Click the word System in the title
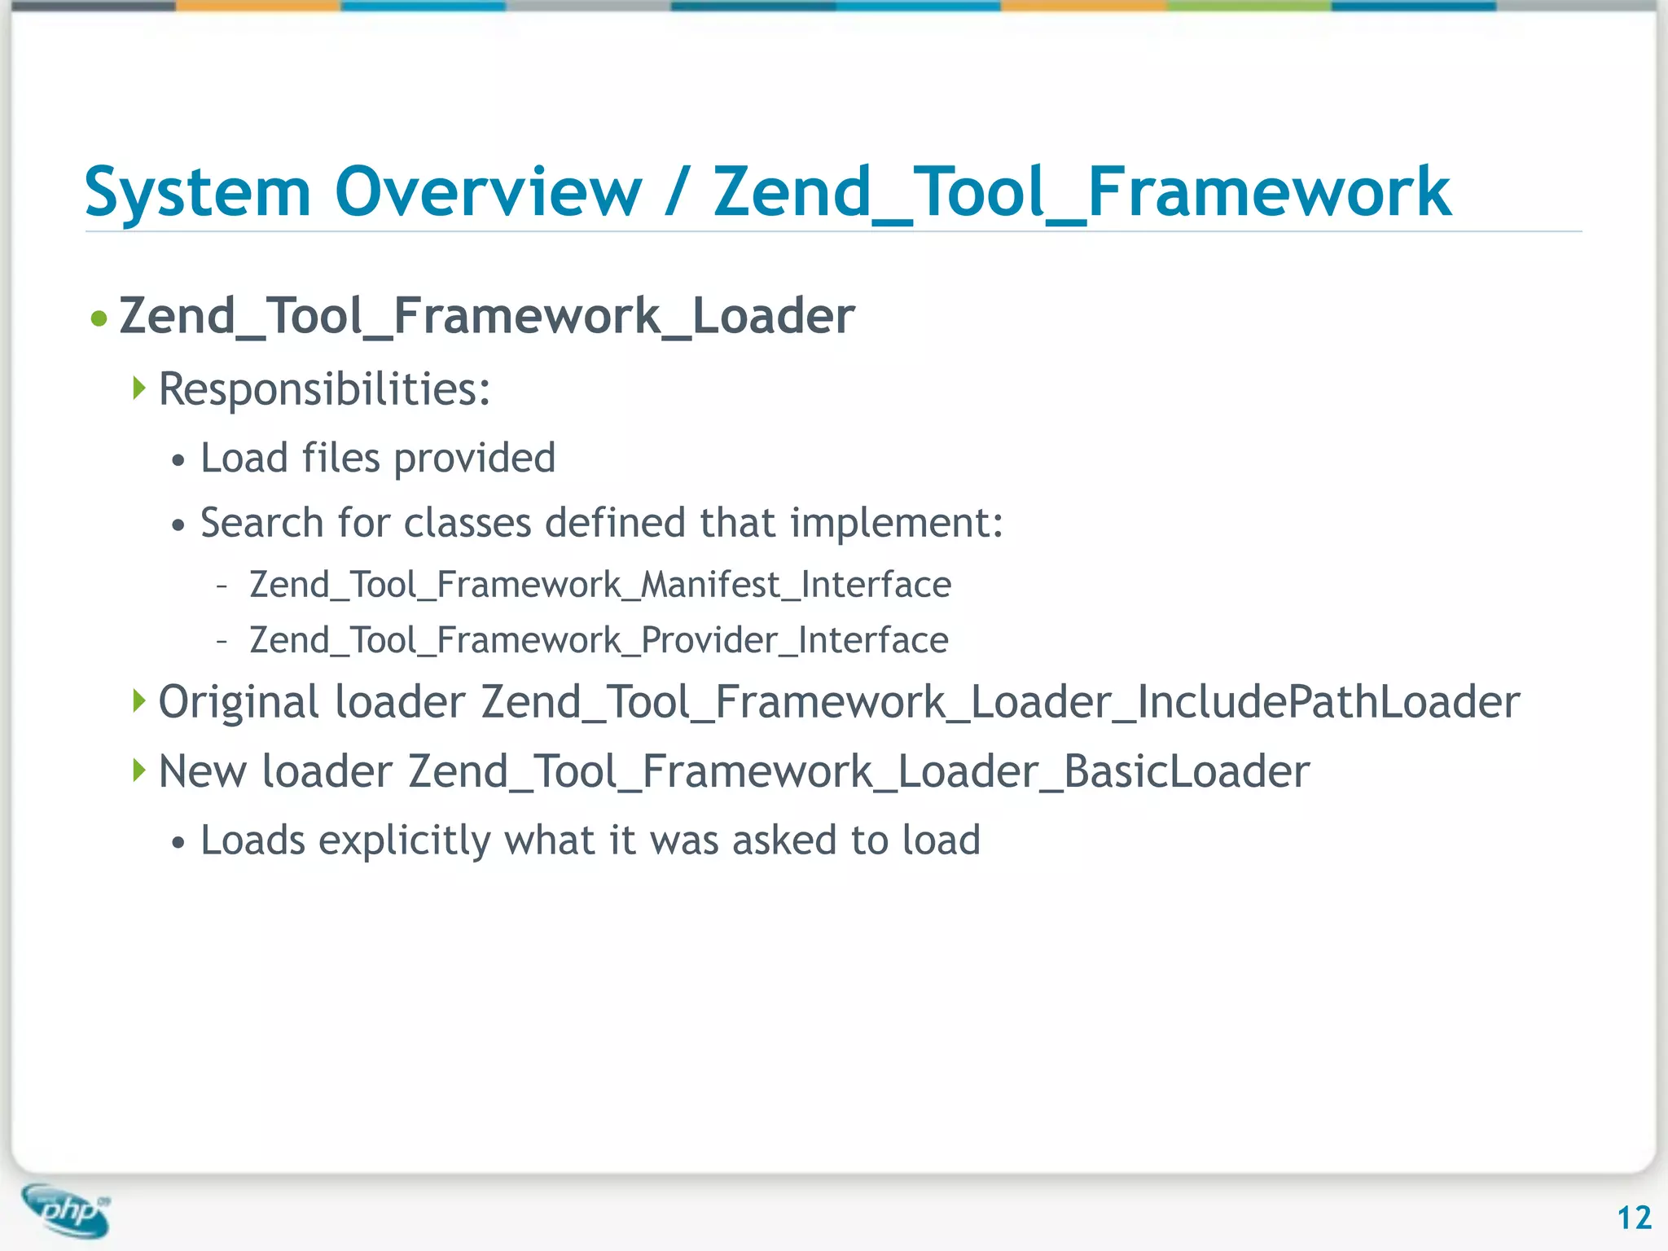pos(198,193)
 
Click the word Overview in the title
pos(489,193)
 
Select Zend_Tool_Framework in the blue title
pos(1082,193)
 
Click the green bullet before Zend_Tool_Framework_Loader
pos(99,318)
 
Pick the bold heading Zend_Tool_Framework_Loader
pos(486,316)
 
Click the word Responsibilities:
pos(324,389)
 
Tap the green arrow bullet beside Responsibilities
pos(139,388)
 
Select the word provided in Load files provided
pos(475,458)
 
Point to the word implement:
pos(897,523)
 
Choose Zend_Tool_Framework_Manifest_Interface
pos(600,585)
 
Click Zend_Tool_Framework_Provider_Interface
pos(599,640)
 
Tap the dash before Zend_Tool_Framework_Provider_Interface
pos(222,641)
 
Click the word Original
pos(238,702)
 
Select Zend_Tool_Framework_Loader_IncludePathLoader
pos(1000,702)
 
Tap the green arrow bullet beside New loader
pos(139,770)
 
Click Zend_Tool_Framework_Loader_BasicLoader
pos(858,771)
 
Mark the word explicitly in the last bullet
pos(405,841)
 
